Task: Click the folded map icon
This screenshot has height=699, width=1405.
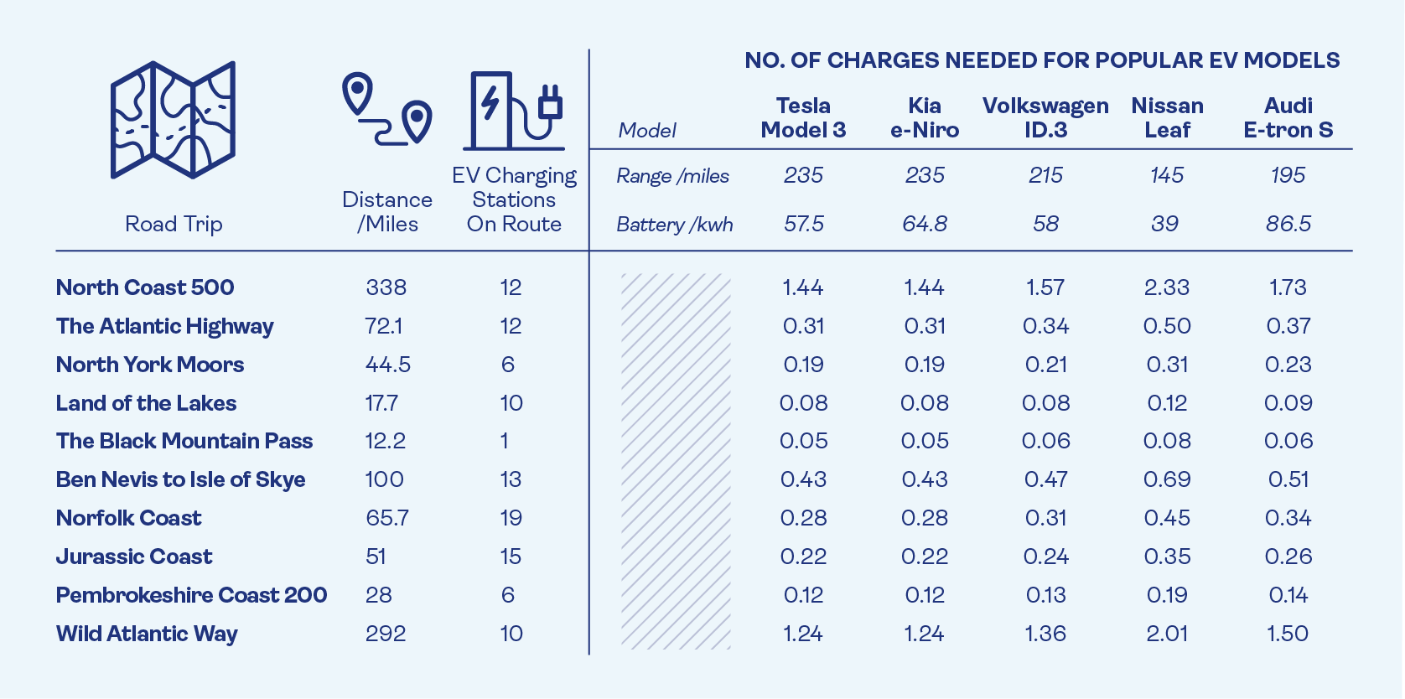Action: pos(173,120)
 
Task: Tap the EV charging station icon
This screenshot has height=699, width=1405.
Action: pos(513,111)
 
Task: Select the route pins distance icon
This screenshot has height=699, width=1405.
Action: pos(386,110)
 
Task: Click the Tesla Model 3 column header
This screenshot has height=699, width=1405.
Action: pos(803,118)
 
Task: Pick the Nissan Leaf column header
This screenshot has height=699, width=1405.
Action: pos(1167,118)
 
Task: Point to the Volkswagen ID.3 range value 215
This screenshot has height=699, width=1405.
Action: pos(1045,175)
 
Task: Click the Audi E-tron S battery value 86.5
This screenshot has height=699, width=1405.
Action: pos(1288,224)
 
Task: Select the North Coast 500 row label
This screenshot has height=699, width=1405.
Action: pos(145,287)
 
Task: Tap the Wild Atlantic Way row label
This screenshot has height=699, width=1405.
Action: pos(147,634)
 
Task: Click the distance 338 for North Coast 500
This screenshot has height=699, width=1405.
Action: pos(386,287)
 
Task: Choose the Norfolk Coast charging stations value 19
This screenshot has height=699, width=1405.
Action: pos(511,518)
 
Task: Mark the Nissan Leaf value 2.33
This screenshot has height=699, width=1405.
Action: pos(1166,287)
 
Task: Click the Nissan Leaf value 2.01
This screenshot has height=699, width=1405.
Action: pos(1166,634)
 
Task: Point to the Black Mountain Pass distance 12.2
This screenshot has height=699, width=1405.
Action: pos(385,441)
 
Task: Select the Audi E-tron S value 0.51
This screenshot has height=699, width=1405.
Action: pos(1288,479)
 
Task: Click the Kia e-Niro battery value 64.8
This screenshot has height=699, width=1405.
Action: pos(925,224)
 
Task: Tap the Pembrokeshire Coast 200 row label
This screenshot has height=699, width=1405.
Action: pos(191,595)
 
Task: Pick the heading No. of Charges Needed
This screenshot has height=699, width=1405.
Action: pos(1042,60)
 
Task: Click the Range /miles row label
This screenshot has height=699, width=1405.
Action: pos(672,176)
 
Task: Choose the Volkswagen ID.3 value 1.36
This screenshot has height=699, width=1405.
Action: pos(1045,634)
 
